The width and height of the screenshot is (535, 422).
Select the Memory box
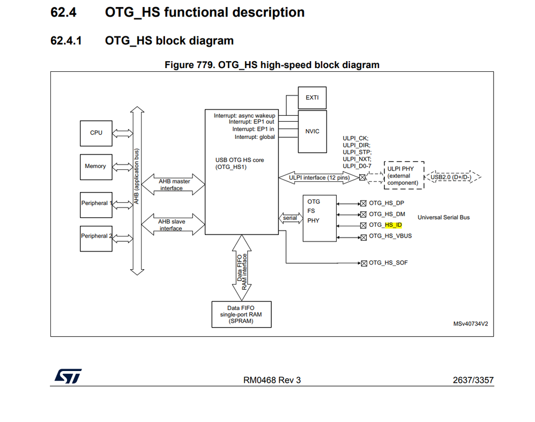pyautogui.click(x=96, y=166)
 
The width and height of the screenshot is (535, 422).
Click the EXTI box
pyautogui.click(x=312, y=98)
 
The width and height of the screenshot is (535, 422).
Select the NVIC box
pyautogui.click(x=312, y=131)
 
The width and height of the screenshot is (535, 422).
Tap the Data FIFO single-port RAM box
pyautogui.click(x=241, y=314)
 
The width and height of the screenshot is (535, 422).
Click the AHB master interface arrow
pyautogui.click(x=172, y=184)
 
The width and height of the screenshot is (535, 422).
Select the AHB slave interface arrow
pyautogui.click(x=172, y=224)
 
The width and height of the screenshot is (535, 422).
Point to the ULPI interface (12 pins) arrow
pyautogui.click(x=319, y=177)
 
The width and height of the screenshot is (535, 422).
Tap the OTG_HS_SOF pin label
pyautogui.click(x=389, y=263)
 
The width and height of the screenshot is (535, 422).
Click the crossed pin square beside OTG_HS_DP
pyautogui.click(x=363, y=203)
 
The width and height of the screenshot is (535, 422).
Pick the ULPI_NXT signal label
pyautogui.click(x=356, y=159)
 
